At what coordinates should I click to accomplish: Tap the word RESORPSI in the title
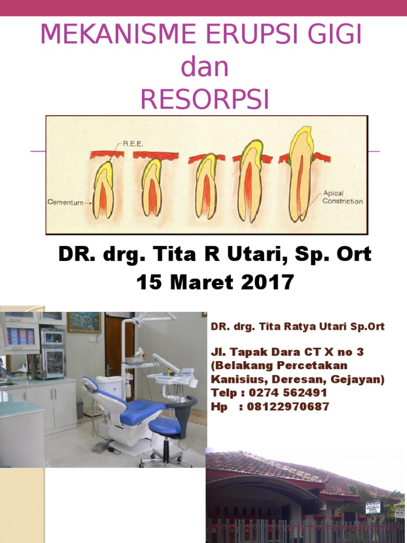[x=204, y=99]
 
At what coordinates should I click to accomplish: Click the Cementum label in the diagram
[x=65, y=202]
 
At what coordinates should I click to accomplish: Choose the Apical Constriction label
[x=342, y=197]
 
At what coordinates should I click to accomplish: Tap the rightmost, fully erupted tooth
[x=301, y=175]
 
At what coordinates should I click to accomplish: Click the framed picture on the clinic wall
[x=84, y=322]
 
